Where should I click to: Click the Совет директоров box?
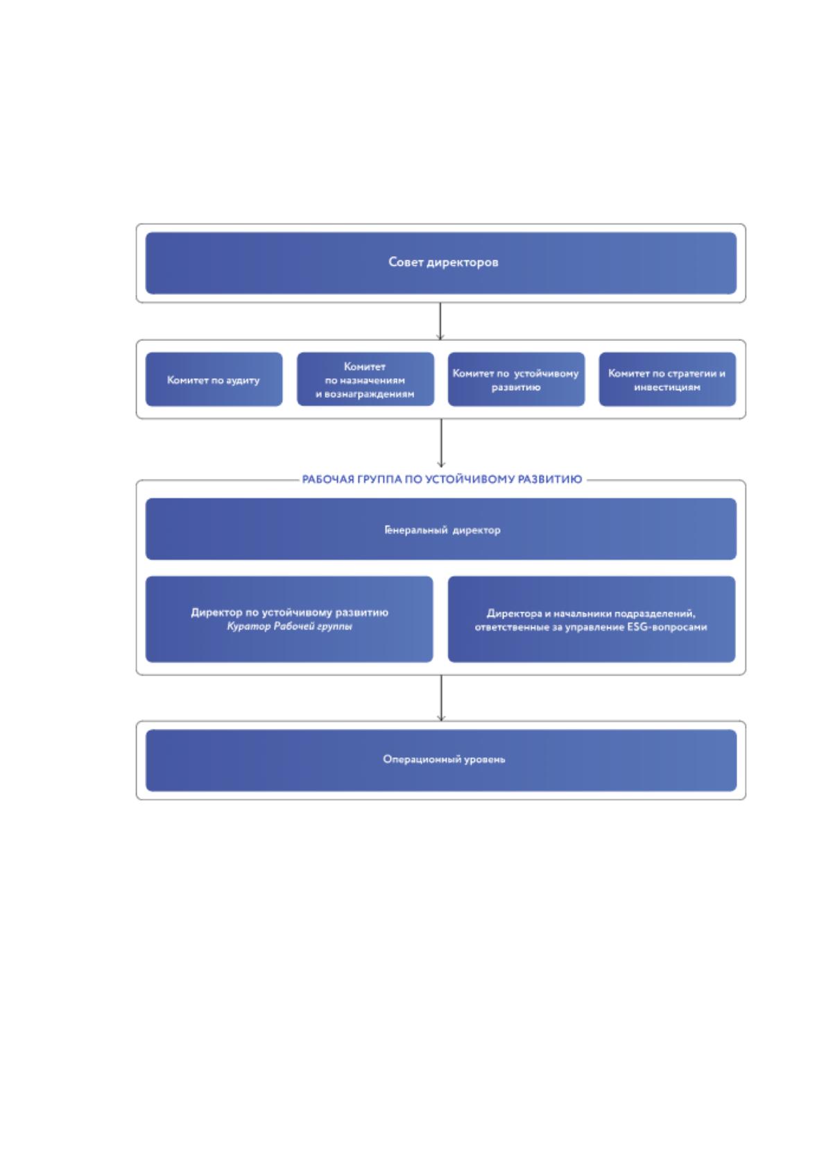click(x=440, y=263)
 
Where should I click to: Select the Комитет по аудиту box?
click(x=214, y=380)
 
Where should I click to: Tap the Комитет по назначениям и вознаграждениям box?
click(x=365, y=380)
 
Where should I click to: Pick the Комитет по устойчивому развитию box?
click(x=516, y=380)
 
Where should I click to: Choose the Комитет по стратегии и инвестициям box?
click(x=667, y=380)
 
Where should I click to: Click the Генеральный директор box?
click(x=440, y=529)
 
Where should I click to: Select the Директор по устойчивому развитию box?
click(x=289, y=619)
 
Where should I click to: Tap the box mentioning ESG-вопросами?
click(x=592, y=619)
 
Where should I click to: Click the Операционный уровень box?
click(x=440, y=760)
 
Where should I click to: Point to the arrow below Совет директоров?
click(x=440, y=321)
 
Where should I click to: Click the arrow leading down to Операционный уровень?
click(x=441, y=698)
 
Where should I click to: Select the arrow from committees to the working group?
click(x=441, y=443)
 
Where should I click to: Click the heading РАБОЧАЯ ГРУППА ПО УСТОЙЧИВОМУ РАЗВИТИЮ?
click(x=442, y=480)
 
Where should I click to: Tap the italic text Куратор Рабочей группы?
click(x=289, y=626)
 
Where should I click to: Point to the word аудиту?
click(x=243, y=380)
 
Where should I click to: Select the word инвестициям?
click(x=667, y=387)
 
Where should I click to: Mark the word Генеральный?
click(x=416, y=530)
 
